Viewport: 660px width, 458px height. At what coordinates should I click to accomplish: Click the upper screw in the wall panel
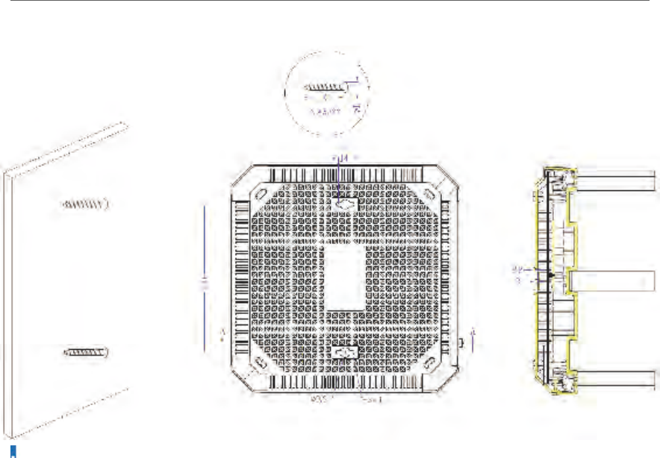tap(85, 203)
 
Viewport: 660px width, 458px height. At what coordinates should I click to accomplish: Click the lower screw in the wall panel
tap(87, 351)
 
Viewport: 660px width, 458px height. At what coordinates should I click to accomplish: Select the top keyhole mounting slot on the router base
tap(345, 202)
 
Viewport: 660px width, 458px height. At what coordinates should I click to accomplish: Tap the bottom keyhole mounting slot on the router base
tap(345, 353)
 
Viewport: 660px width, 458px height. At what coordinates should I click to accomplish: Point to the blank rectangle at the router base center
tap(344, 277)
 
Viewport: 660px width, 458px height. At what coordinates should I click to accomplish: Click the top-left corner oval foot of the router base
tap(258, 192)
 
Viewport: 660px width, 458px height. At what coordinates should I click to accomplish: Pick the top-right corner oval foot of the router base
tap(429, 192)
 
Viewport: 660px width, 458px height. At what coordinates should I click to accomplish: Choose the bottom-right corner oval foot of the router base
tap(431, 363)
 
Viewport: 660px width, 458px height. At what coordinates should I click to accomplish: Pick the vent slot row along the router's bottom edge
tap(344, 382)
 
